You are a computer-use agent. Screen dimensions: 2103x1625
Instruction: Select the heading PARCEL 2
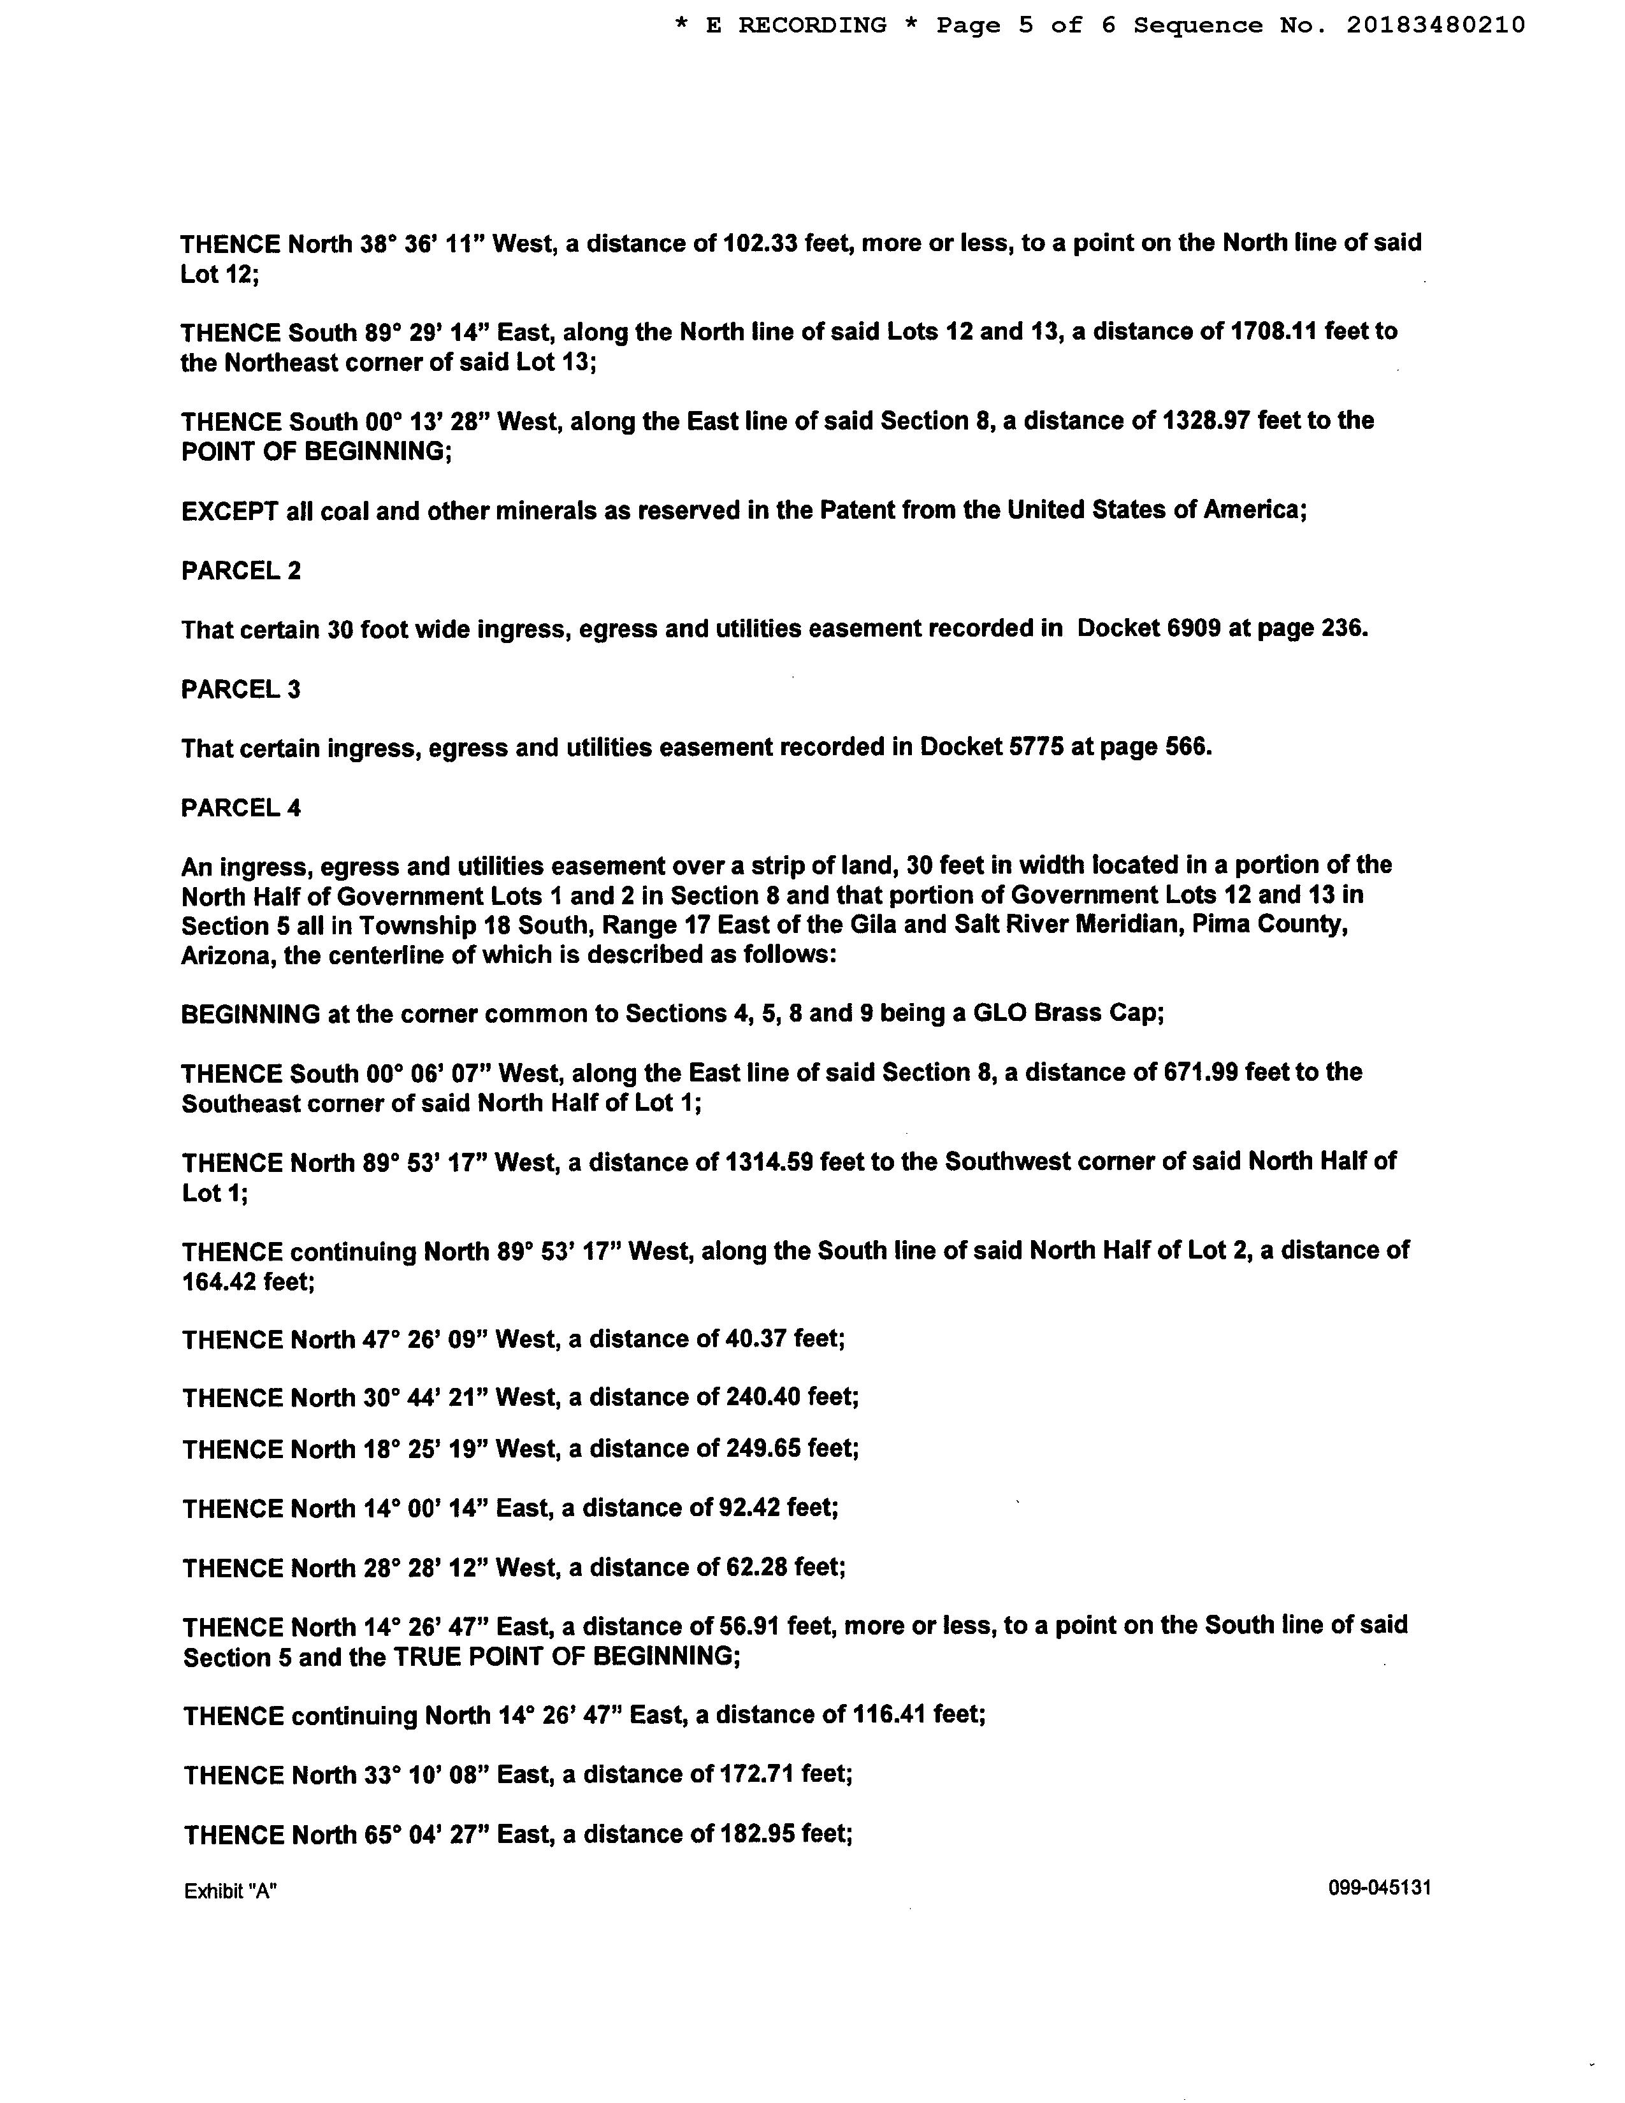pos(241,571)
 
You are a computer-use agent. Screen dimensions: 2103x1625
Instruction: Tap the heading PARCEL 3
pos(241,690)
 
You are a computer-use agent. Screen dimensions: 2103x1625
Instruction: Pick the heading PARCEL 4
pos(241,808)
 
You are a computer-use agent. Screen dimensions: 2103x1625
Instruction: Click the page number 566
pos(1186,748)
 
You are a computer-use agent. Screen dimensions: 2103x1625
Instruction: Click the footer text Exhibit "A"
pos(230,1891)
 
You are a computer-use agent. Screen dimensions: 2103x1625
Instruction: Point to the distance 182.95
pos(756,1834)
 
